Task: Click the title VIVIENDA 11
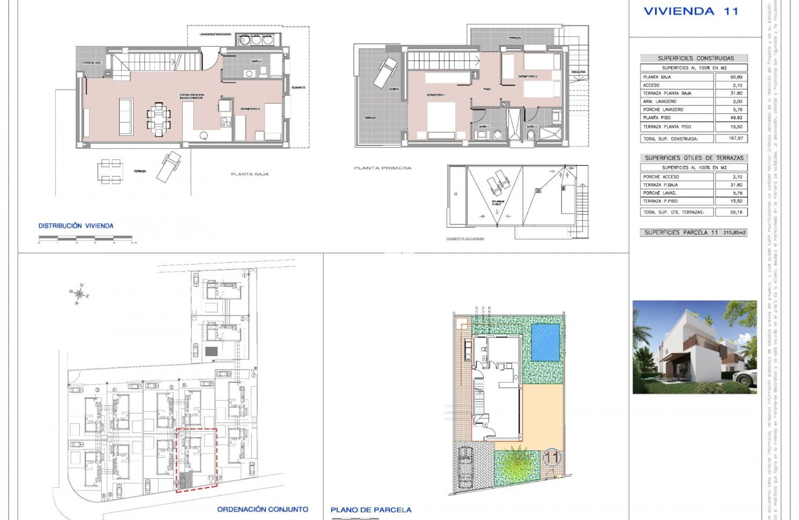pyautogui.click(x=690, y=11)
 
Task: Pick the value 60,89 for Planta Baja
pyautogui.click(x=731, y=77)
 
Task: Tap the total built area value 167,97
pyautogui.click(x=731, y=139)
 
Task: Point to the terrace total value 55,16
pyautogui.click(x=731, y=212)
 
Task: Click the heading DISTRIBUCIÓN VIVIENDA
pyautogui.click(x=76, y=226)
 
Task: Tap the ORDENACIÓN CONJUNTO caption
pyautogui.click(x=263, y=509)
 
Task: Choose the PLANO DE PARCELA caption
pyautogui.click(x=371, y=510)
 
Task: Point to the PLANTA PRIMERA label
pyautogui.click(x=383, y=168)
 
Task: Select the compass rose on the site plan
pyautogui.click(x=79, y=294)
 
